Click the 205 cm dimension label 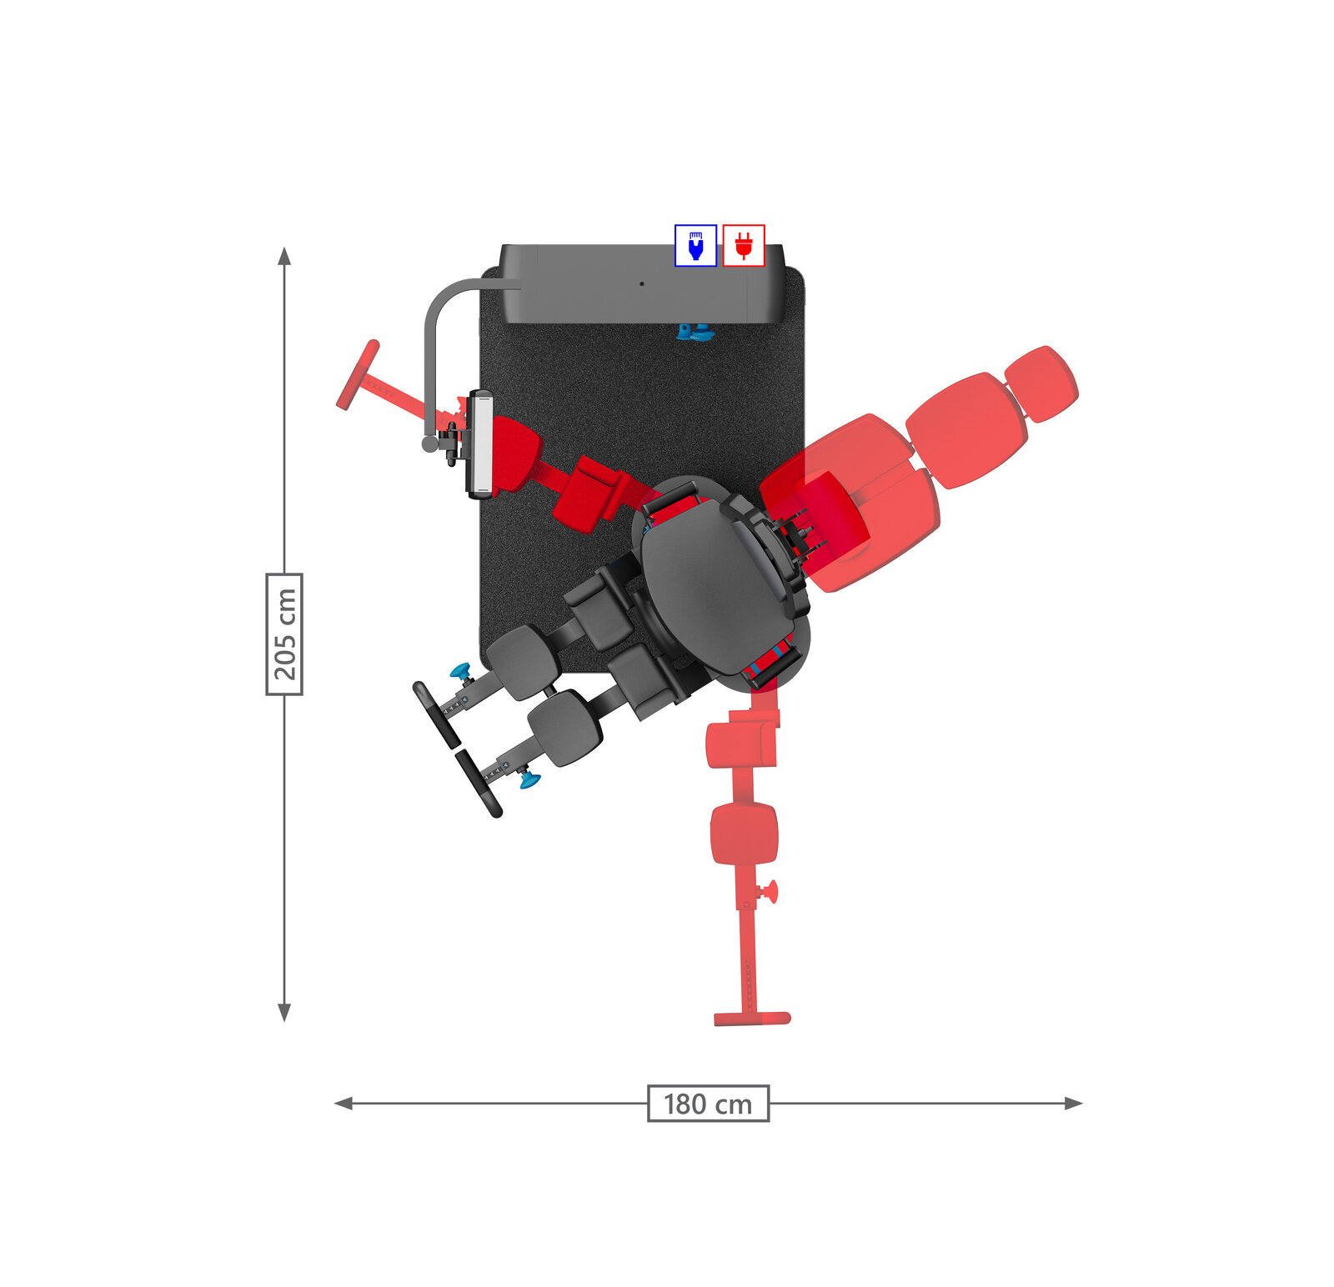(x=284, y=633)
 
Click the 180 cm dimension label (x=708, y=1104)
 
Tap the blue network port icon (x=695, y=246)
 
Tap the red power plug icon (x=744, y=246)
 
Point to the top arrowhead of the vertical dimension (x=284, y=255)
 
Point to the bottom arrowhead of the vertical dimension (x=284, y=1013)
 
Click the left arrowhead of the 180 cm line (x=343, y=1104)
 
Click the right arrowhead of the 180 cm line (x=1074, y=1104)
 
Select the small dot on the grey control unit (x=641, y=283)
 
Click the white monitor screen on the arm (x=481, y=444)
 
